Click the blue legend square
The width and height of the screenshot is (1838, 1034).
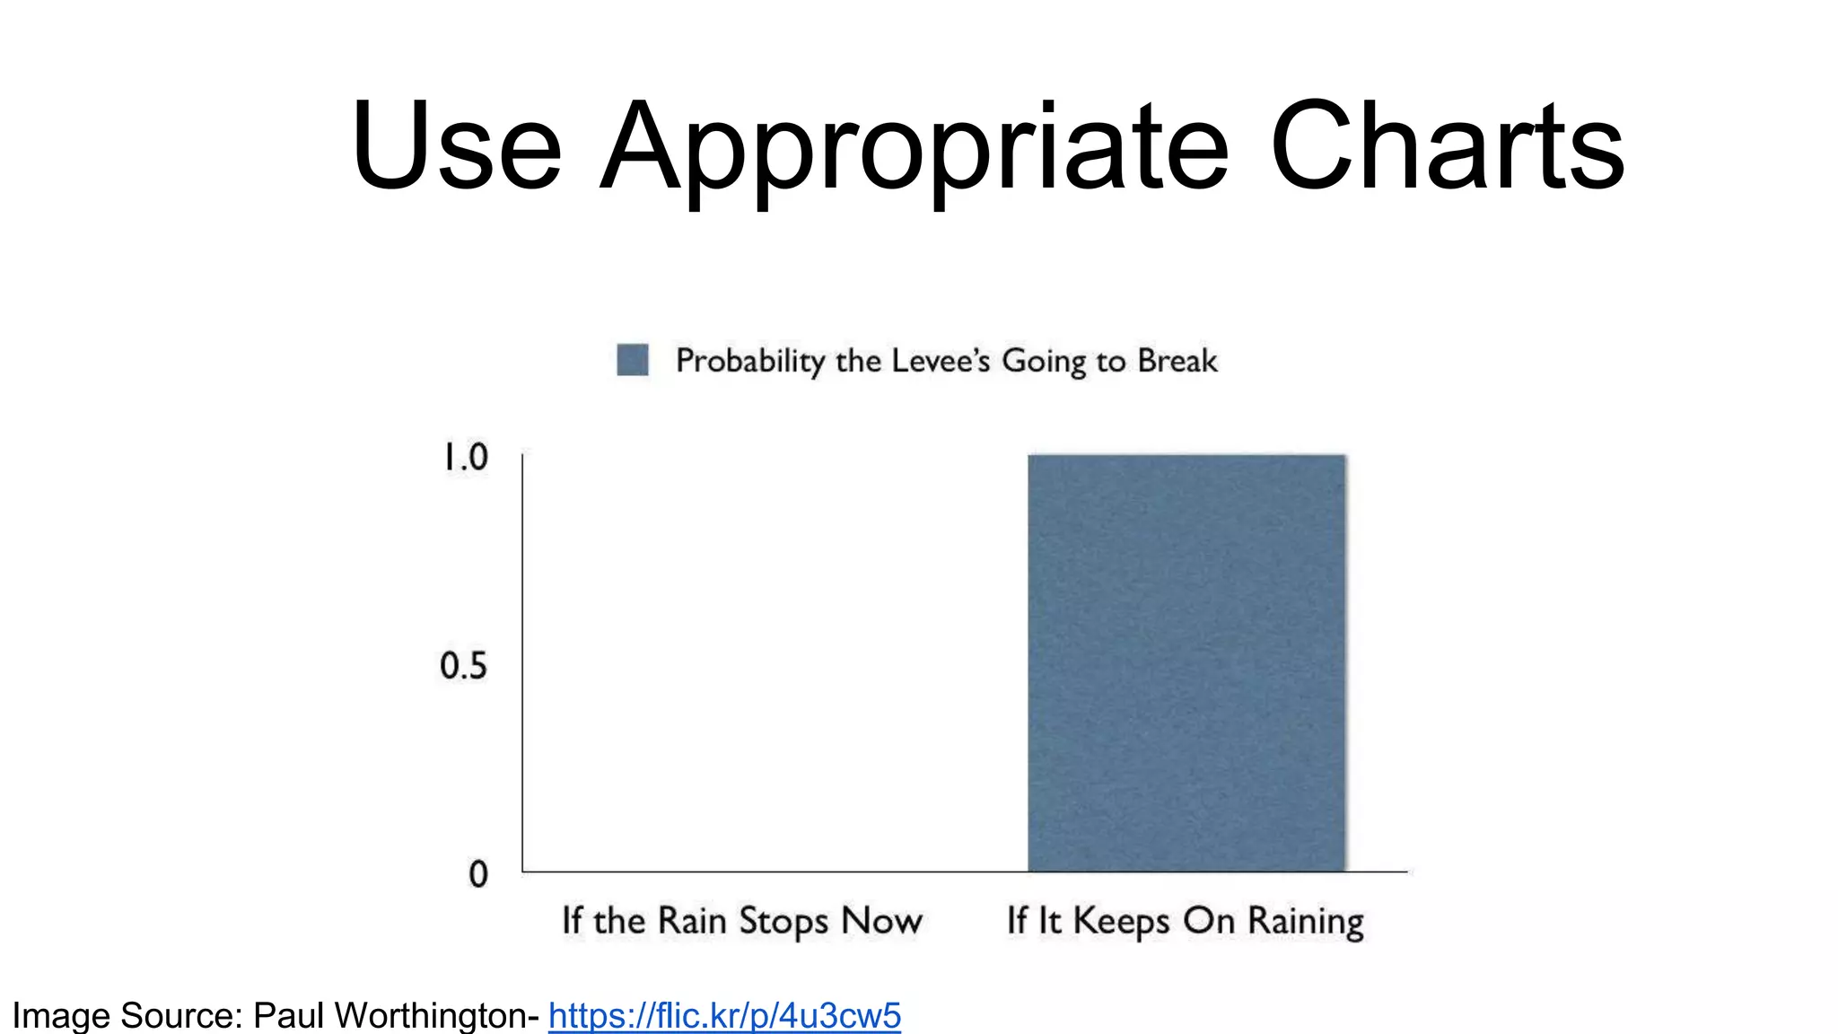pyautogui.click(x=633, y=360)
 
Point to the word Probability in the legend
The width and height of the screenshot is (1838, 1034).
pyautogui.click(x=749, y=361)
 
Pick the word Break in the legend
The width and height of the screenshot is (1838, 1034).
pyautogui.click(x=1177, y=360)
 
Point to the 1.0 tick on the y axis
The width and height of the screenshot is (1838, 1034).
pyautogui.click(x=465, y=457)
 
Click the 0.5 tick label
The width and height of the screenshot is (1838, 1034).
pyautogui.click(x=463, y=665)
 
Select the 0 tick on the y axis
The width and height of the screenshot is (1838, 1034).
pyautogui.click(x=478, y=873)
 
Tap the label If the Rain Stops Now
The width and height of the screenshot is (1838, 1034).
pyautogui.click(x=741, y=921)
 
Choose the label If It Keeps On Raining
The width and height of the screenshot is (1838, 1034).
pyautogui.click(x=1185, y=921)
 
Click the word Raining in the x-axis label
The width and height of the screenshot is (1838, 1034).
pyautogui.click(x=1305, y=921)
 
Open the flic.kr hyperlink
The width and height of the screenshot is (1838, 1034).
pyautogui.click(x=724, y=1015)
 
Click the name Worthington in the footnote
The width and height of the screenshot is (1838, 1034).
pyautogui.click(x=435, y=1015)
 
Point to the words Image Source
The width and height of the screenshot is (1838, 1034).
pyautogui.click(x=126, y=1015)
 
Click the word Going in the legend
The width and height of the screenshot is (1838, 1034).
pyautogui.click(x=1044, y=361)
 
